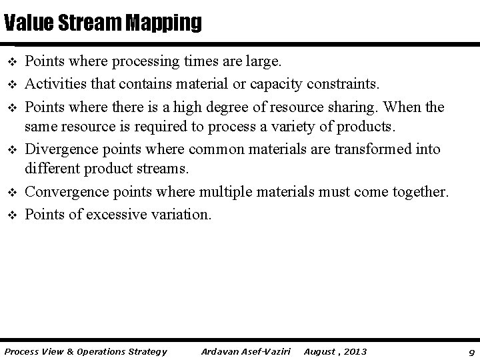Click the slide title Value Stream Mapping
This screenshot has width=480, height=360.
(102, 23)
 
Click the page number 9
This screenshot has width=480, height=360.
(471, 351)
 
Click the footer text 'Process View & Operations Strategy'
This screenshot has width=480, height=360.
(86, 351)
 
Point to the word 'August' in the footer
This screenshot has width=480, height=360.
(319, 351)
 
